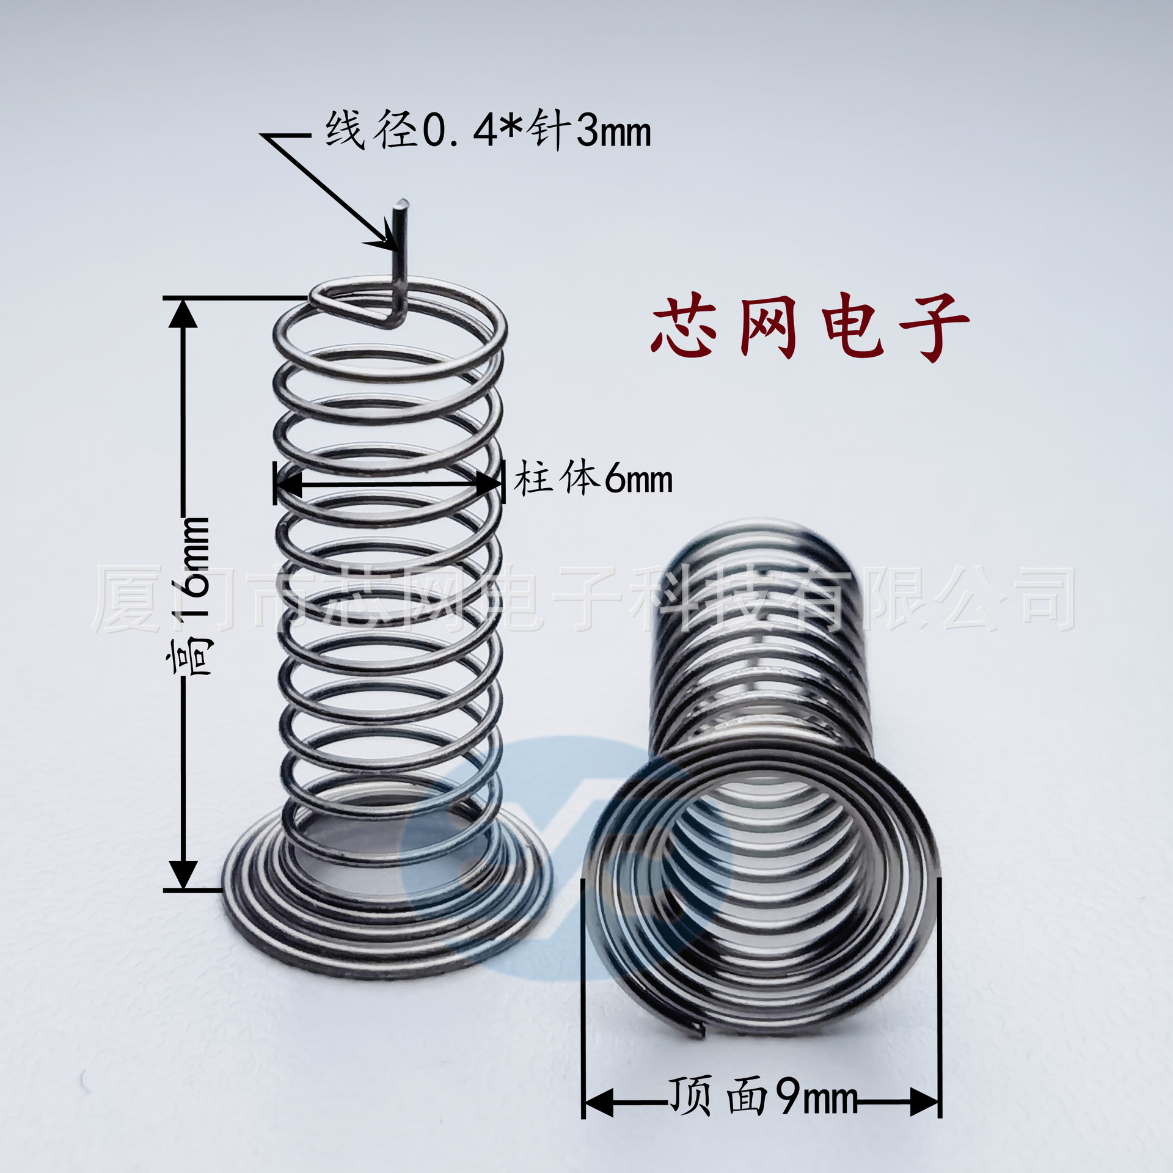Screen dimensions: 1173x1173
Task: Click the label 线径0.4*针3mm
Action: click(488, 130)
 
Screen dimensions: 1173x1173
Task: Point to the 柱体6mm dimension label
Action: click(593, 480)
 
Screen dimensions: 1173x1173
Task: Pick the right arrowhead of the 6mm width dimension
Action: click(489, 484)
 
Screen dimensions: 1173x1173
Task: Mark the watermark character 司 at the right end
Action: click(1046, 599)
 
